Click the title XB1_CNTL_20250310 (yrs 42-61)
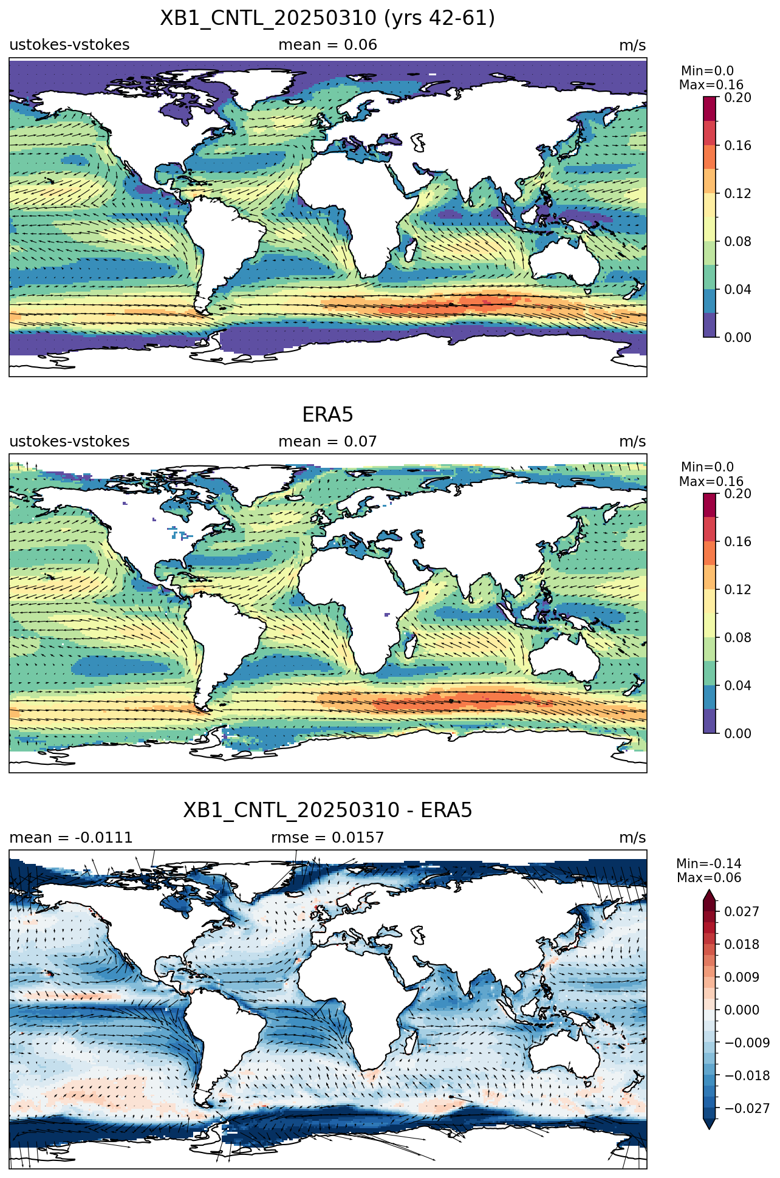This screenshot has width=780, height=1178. [x=327, y=18]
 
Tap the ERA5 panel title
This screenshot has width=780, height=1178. [x=327, y=415]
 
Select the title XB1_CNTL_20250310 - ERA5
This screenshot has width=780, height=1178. [x=327, y=810]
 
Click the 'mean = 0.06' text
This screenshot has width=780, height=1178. [x=327, y=45]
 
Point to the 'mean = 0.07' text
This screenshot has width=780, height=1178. [x=327, y=442]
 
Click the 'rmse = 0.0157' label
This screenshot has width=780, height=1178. [x=327, y=838]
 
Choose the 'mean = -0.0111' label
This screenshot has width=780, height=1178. [x=70, y=838]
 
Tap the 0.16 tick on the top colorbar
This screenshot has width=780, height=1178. [x=737, y=145]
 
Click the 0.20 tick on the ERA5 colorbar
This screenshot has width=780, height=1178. [x=737, y=493]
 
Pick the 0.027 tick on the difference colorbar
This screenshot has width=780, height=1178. [x=741, y=911]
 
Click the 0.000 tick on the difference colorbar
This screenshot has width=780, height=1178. [x=741, y=1010]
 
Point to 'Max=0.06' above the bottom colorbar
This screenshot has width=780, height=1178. [x=709, y=878]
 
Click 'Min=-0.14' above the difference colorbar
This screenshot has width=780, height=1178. [x=709, y=864]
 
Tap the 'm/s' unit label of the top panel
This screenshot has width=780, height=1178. [x=632, y=46]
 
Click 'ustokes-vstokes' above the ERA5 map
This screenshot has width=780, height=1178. [x=69, y=442]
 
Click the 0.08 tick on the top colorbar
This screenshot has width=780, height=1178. [x=737, y=241]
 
